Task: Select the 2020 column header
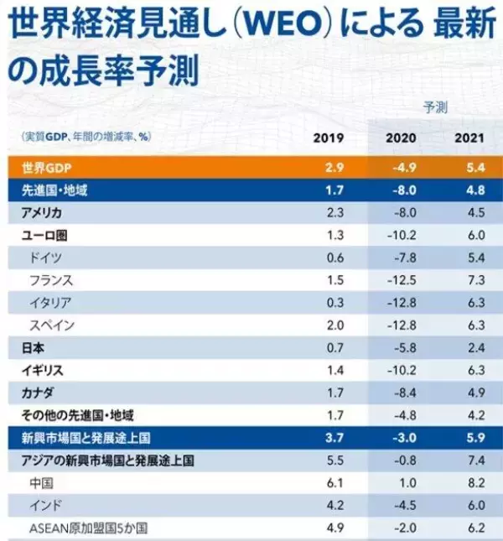pyautogui.click(x=401, y=138)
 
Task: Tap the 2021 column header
pyautogui.click(x=469, y=138)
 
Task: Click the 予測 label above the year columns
pyautogui.click(x=435, y=107)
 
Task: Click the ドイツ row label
pyautogui.click(x=45, y=257)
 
